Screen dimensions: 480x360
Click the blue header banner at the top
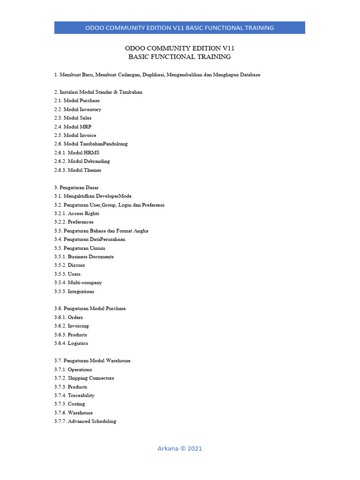click(180, 28)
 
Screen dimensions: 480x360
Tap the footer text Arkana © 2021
click(180, 449)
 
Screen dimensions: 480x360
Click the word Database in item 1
click(248, 75)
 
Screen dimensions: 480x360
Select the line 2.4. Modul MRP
click(73, 127)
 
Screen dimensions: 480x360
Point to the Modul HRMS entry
click(76, 152)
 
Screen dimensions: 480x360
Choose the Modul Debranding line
click(82, 161)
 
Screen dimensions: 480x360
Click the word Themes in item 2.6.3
click(92, 170)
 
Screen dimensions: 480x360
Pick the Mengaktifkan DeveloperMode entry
click(93, 196)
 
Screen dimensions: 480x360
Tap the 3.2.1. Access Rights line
click(76, 213)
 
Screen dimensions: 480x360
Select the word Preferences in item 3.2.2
click(81, 222)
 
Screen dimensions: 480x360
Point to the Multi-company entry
click(78, 283)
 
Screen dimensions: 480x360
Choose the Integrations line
click(74, 291)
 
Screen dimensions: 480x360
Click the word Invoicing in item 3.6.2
click(78, 326)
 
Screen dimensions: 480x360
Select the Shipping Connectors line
click(84, 378)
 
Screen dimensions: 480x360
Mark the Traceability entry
click(74, 395)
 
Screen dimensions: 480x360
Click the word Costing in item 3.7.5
click(76, 404)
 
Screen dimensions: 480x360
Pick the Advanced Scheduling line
click(85, 421)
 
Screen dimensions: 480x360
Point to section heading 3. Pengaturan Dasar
click(76, 187)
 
